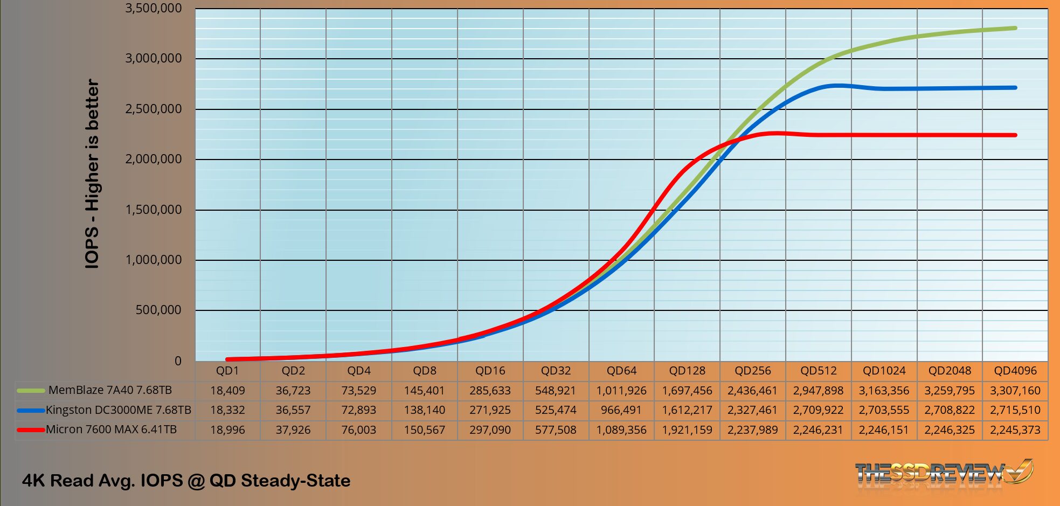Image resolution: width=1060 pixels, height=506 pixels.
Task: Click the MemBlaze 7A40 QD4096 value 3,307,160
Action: (1015, 391)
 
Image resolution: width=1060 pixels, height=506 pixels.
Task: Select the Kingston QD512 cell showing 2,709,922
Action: (818, 410)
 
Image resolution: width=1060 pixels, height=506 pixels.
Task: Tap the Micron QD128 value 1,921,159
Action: (687, 430)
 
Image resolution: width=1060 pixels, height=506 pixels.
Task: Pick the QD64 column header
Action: (621, 371)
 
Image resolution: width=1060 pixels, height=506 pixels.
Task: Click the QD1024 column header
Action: (884, 371)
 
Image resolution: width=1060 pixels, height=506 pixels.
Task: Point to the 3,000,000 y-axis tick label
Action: (154, 58)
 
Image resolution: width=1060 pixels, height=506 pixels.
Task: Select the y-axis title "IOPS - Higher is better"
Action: (92, 174)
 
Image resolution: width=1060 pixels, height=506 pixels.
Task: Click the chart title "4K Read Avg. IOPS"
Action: (186, 480)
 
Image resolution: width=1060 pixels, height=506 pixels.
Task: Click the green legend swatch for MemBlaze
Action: (31, 391)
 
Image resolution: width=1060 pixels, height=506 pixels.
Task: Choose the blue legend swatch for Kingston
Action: (31, 411)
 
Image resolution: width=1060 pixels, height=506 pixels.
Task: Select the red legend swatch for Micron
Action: (31, 430)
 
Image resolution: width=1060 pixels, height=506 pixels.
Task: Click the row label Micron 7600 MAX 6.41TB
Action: (111, 429)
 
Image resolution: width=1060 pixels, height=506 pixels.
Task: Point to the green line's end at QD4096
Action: (1015, 28)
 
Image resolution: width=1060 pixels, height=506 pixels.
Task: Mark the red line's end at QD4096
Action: (1015, 135)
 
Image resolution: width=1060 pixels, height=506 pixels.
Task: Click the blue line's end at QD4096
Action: (1015, 87)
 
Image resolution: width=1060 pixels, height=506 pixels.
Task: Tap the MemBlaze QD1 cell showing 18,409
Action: (227, 391)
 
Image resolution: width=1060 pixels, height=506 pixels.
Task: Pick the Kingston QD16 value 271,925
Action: (490, 410)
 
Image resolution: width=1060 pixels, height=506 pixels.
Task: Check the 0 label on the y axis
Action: (178, 361)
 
